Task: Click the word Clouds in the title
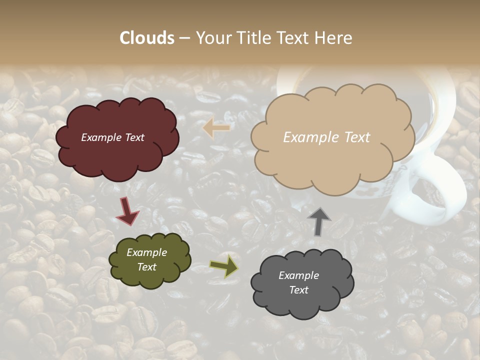point(147,38)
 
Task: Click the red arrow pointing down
point(128,211)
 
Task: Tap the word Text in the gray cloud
point(298,290)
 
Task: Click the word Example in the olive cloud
point(146,252)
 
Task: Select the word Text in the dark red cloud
point(133,137)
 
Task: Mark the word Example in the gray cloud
point(298,275)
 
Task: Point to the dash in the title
point(184,38)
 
